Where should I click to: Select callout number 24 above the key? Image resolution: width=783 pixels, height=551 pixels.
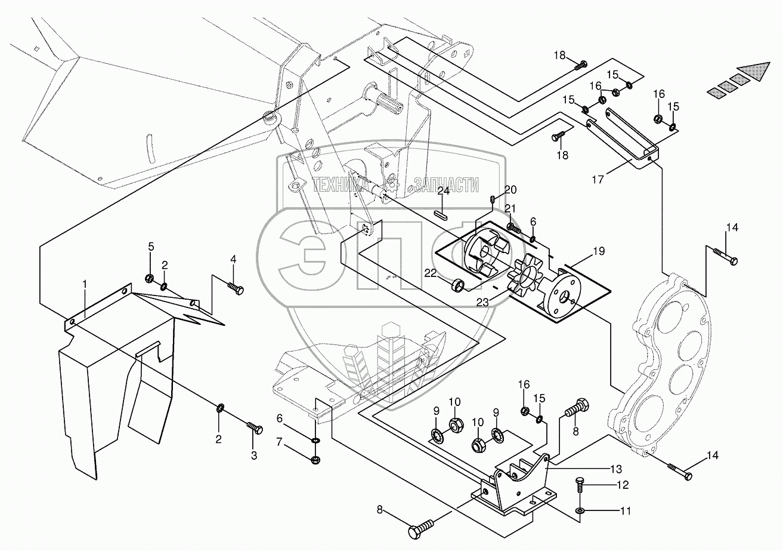pos(442,192)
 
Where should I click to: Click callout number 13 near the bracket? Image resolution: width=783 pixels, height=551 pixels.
pos(564,468)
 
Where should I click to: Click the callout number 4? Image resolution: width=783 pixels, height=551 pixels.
pos(233,259)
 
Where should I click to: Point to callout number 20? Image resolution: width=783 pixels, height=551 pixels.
pos(510,190)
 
